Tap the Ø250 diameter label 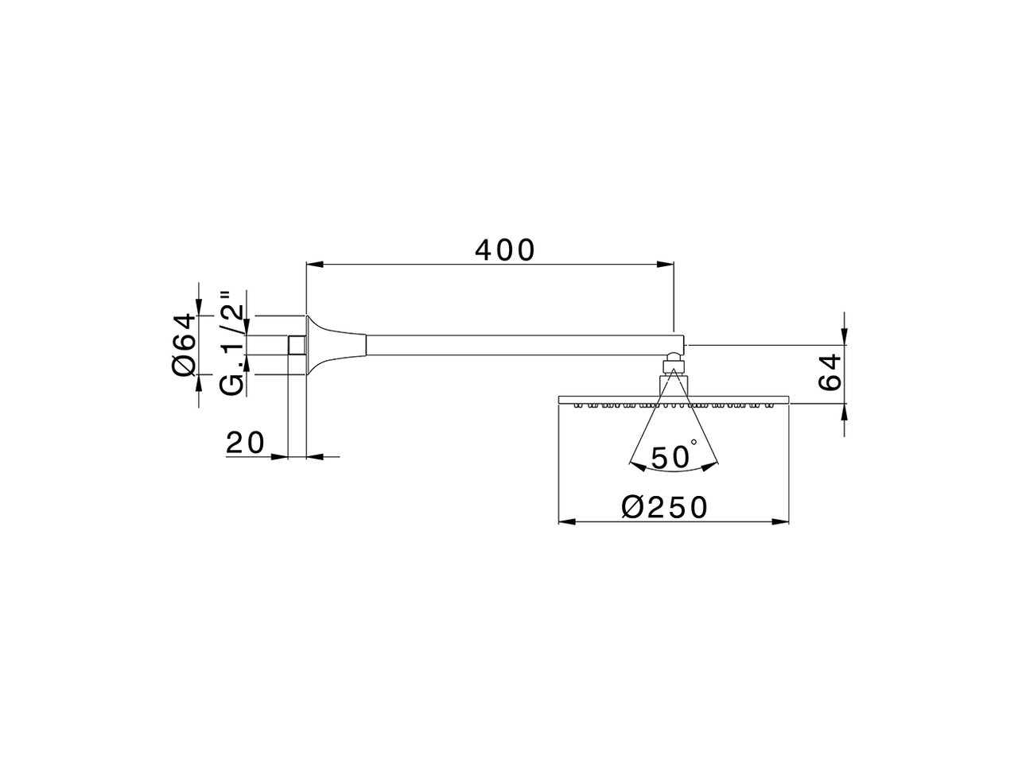pyautogui.click(x=664, y=507)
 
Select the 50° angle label pyautogui.click(x=673, y=458)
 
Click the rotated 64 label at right pyautogui.click(x=830, y=372)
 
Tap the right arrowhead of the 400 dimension pyautogui.click(x=666, y=264)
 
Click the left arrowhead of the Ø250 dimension pyautogui.click(x=566, y=521)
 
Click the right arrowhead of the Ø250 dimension pyautogui.click(x=781, y=521)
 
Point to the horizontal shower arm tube pyautogui.click(x=517, y=345)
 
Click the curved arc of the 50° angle pyautogui.click(x=673, y=471)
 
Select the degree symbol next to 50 pyautogui.click(x=694, y=443)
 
